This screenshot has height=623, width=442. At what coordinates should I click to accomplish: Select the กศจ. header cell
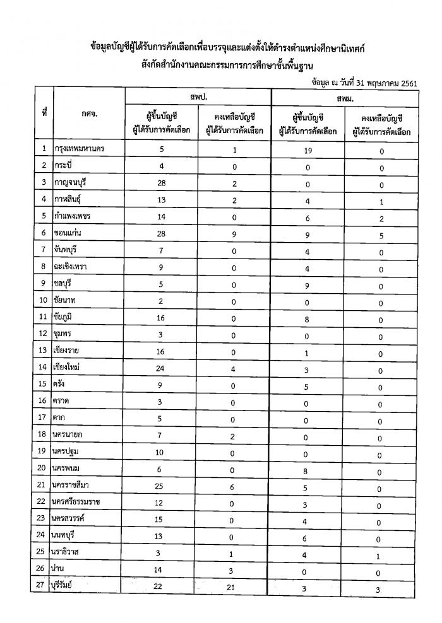pos(89,114)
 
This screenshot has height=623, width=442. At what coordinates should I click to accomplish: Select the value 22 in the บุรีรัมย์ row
pos(161,588)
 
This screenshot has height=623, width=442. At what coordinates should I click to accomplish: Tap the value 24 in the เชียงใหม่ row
pos(162,367)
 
